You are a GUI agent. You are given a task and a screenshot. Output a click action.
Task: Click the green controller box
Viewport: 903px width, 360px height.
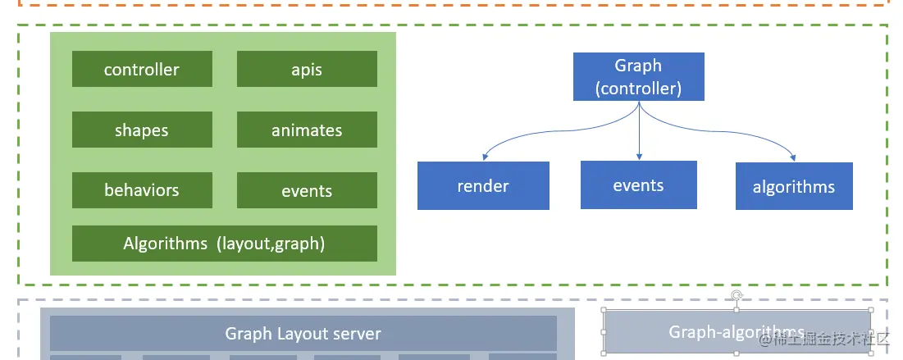(142, 69)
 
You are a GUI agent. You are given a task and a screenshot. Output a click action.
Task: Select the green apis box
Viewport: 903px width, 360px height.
(307, 69)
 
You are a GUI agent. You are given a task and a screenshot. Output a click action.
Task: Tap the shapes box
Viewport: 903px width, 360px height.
(142, 130)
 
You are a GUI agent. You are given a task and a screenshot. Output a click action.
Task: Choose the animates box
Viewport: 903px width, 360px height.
(307, 130)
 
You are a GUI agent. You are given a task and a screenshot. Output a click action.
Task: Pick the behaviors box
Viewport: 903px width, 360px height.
(142, 190)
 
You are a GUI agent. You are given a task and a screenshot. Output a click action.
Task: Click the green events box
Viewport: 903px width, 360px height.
(307, 190)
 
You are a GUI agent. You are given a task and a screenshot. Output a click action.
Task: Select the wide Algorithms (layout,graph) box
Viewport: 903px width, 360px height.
(224, 244)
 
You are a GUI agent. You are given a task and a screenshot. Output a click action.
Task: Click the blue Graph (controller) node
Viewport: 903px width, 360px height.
(638, 77)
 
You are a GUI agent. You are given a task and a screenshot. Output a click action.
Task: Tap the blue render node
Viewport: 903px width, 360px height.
(483, 185)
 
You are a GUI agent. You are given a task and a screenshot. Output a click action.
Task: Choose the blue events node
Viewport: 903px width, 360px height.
(638, 185)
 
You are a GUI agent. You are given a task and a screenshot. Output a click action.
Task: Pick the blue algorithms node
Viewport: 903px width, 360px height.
(794, 186)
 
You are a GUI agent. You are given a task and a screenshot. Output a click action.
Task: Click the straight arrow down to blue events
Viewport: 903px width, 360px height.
(638, 131)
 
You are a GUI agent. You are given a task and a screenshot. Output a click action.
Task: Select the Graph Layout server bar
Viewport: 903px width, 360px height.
(303, 333)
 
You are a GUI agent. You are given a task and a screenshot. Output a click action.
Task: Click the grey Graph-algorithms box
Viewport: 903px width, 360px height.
(737, 331)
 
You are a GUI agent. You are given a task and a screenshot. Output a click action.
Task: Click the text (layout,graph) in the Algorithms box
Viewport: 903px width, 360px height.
(271, 244)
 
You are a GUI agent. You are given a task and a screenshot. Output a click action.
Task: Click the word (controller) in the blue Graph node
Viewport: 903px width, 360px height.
(638, 88)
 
